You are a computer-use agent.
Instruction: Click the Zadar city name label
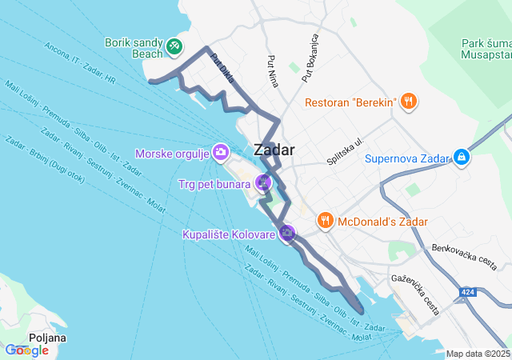(x=274, y=150)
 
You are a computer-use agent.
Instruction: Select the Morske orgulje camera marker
(x=221, y=152)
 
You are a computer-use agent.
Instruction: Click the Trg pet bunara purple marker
(x=263, y=183)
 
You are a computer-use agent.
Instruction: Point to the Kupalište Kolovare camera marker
(x=287, y=234)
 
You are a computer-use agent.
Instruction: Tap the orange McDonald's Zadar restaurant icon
(x=325, y=220)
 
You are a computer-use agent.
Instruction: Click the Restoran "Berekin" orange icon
(x=408, y=102)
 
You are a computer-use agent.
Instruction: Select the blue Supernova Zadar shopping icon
(x=461, y=158)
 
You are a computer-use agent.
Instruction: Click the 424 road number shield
(x=469, y=293)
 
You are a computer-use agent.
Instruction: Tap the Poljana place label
(x=46, y=338)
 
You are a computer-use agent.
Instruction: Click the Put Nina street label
(x=273, y=70)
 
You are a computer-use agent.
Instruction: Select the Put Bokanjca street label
(x=310, y=58)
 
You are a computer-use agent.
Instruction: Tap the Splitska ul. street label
(x=345, y=151)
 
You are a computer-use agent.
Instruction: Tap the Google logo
(x=26, y=350)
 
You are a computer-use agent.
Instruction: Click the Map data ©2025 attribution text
(x=478, y=354)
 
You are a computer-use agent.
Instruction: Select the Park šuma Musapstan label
(x=486, y=49)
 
